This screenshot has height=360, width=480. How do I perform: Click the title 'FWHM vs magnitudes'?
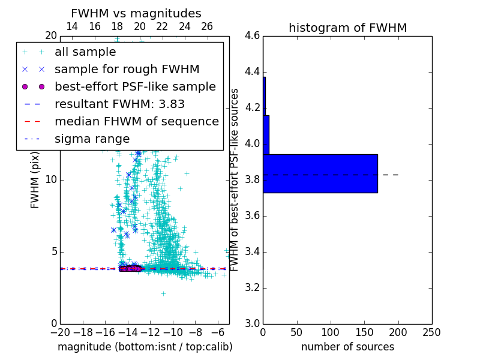point(136,13)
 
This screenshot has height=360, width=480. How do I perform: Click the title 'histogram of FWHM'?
point(347,28)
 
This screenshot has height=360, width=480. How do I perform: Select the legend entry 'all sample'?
point(85,52)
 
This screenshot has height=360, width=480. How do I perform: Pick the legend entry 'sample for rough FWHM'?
point(127,70)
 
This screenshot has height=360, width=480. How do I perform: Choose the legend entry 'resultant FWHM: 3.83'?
point(119,104)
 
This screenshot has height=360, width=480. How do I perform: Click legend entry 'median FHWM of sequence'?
point(136,122)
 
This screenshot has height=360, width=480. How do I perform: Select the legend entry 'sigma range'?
point(92,139)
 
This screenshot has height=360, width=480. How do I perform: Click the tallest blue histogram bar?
point(320,173)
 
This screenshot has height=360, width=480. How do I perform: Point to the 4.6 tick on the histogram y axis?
point(252,36)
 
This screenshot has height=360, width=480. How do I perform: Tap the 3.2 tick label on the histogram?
point(252,287)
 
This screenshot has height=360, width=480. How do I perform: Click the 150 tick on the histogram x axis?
point(364,332)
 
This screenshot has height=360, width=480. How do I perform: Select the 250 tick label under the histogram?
point(431,332)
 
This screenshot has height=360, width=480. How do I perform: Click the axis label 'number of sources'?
point(347,347)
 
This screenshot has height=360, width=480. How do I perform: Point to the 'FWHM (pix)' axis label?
point(35,179)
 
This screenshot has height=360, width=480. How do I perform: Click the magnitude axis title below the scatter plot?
point(145,347)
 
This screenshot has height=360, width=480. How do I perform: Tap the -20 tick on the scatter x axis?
point(60,332)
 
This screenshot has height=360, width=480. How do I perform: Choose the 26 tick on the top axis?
point(207,26)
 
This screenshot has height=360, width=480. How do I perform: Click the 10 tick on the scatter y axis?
point(50,179)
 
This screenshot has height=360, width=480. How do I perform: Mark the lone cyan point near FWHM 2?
point(163,293)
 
